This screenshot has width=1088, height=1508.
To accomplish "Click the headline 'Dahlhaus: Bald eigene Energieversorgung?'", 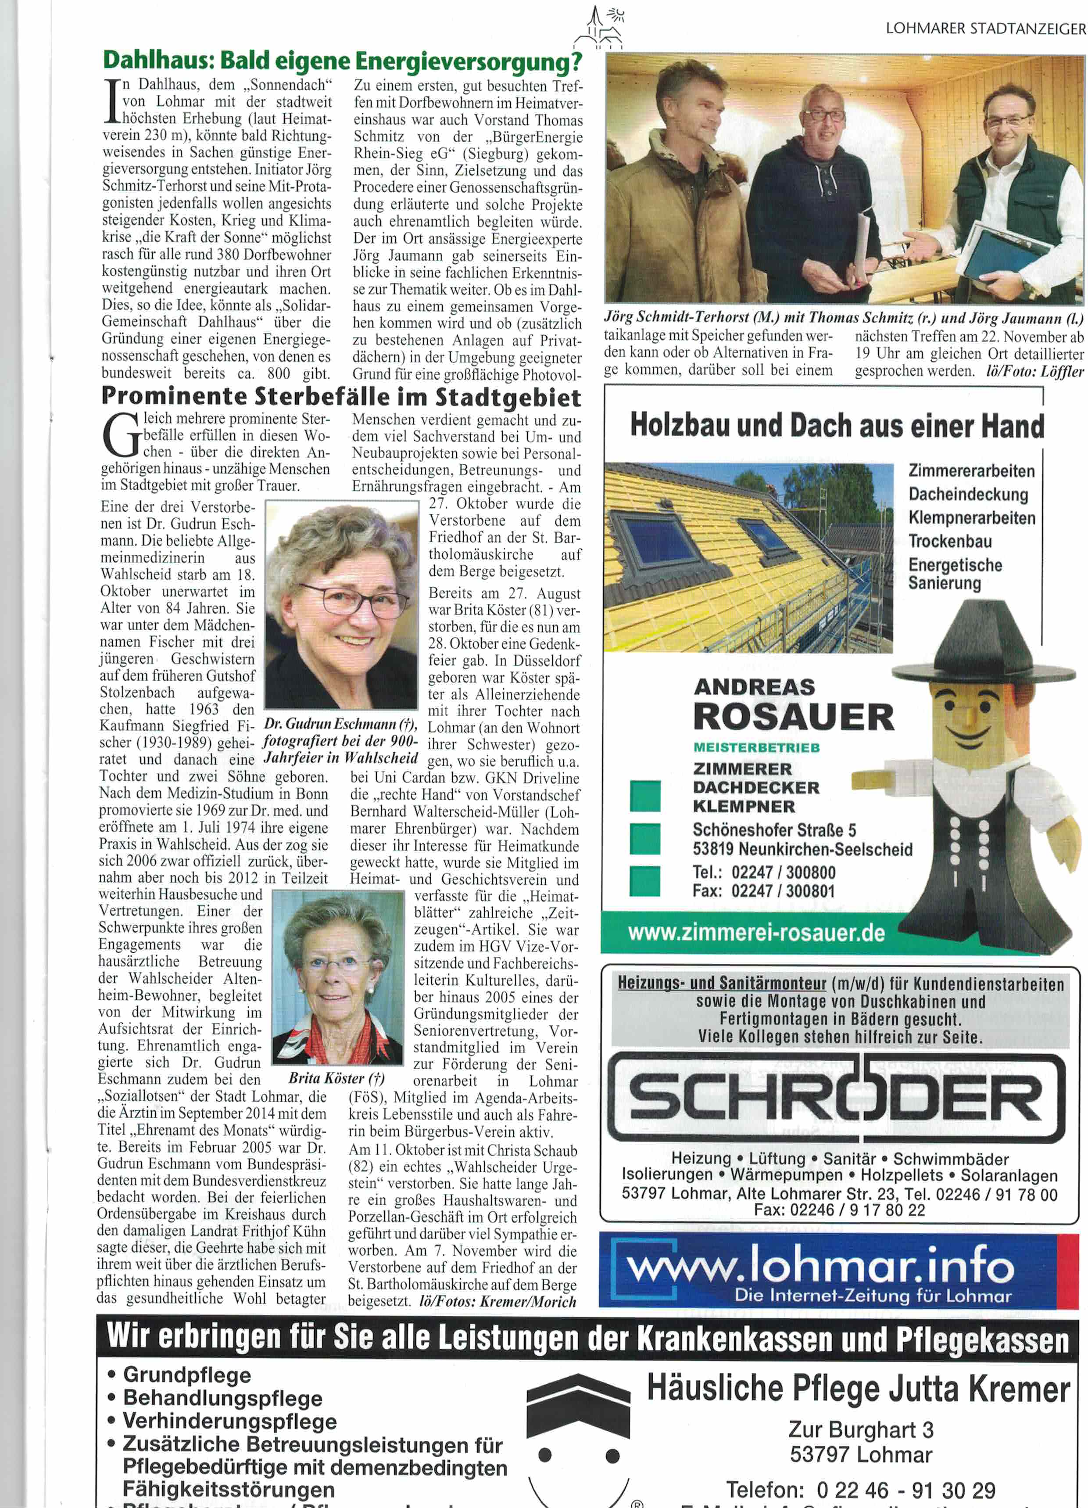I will tap(342, 61).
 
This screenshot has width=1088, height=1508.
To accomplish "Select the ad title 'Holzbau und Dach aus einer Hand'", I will tap(837, 426).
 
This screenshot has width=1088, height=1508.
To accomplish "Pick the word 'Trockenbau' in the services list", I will tap(950, 541).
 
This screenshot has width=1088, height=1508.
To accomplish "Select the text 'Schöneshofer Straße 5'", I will tap(774, 830).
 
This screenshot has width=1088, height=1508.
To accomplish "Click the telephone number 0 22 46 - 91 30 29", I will tap(906, 1490).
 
